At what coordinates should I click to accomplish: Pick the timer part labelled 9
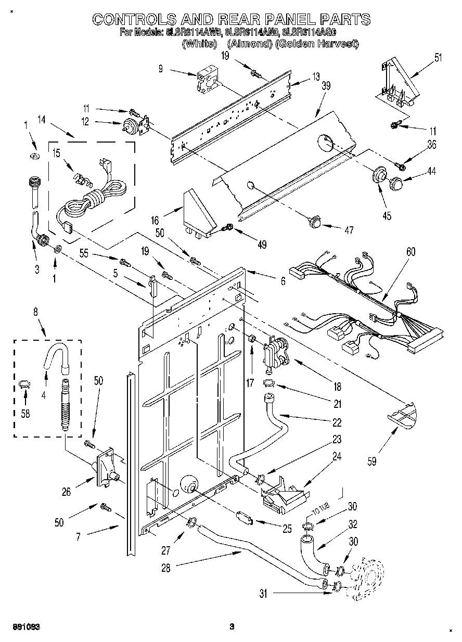206,80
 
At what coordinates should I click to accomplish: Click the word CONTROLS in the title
133,20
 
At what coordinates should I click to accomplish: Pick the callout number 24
337,457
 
